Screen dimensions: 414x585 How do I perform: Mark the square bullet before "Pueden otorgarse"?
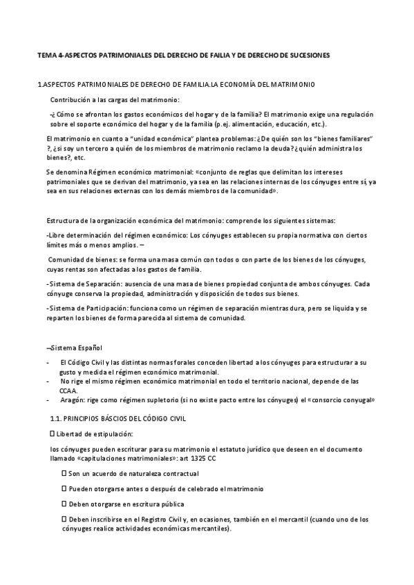tap(64, 489)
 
